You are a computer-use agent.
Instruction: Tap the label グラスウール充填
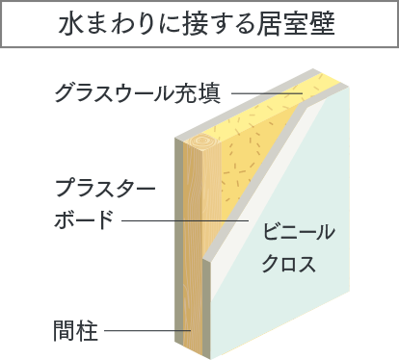coord(138,94)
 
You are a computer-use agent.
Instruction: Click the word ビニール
coord(298,231)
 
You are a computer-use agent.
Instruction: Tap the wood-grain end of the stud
coord(204,149)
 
